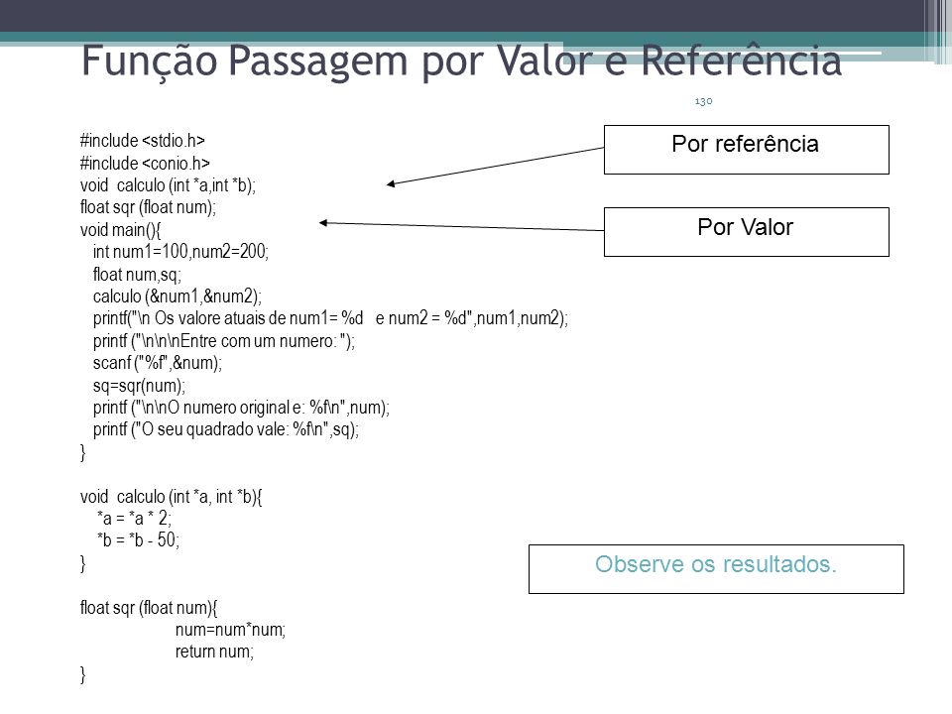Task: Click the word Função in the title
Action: point(150,61)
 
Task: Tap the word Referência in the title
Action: point(742,59)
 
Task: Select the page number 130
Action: point(703,101)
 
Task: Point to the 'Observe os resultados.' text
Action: point(716,564)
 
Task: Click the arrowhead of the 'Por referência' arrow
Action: point(391,184)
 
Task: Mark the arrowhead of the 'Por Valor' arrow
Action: point(323,223)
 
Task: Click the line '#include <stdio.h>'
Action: point(143,141)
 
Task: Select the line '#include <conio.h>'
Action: point(145,164)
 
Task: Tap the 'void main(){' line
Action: point(120,230)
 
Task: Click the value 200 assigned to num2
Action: point(253,251)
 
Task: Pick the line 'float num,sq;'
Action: point(137,275)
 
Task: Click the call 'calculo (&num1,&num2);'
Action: point(178,297)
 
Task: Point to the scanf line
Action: point(158,363)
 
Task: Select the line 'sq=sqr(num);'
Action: point(139,386)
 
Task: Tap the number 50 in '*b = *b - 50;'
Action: point(167,539)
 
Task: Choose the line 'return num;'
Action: point(214,653)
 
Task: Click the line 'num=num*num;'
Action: point(230,630)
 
